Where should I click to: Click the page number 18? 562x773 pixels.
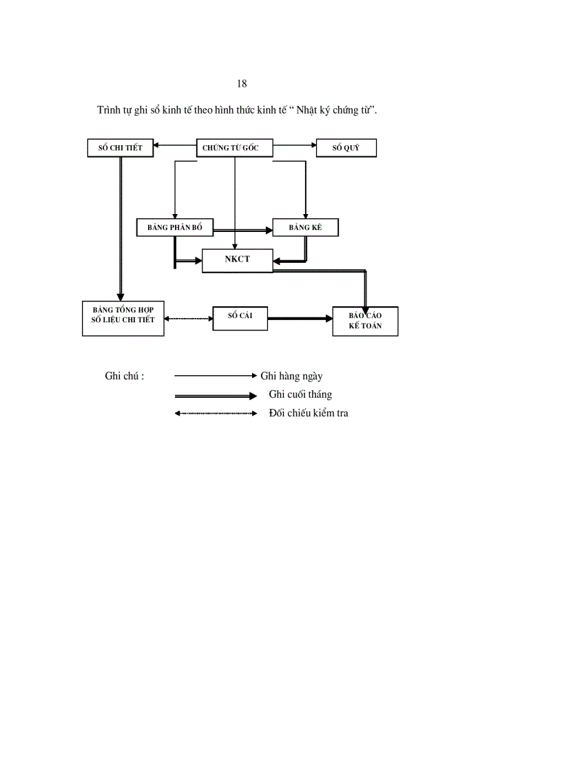(242, 84)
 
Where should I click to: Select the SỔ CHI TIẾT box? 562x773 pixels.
(121, 148)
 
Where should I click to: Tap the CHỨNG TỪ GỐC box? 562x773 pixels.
(235, 148)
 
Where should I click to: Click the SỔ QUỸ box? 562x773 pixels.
(346, 148)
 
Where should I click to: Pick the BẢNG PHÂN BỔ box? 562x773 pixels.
(175, 227)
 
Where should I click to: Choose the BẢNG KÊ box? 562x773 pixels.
(305, 227)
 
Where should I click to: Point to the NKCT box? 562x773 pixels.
(237, 260)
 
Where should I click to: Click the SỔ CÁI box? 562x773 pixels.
(240, 318)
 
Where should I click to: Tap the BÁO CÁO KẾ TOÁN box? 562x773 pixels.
(365, 321)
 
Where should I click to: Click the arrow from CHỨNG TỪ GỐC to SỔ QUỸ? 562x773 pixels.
(294, 146)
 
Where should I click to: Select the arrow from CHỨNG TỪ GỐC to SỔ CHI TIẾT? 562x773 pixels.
(175, 146)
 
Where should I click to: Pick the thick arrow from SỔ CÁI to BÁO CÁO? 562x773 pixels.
(300, 319)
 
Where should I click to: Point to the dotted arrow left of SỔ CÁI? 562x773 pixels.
(188, 319)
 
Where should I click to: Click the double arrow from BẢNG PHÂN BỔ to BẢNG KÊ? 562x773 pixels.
(242, 228)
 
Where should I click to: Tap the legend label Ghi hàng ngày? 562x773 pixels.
(291, 376)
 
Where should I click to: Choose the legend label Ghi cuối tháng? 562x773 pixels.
(300, 394)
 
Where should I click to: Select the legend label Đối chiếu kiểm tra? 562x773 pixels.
(309, 413)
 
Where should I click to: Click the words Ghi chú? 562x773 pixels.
(124, 376)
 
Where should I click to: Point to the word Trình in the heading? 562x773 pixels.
(109, 110)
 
